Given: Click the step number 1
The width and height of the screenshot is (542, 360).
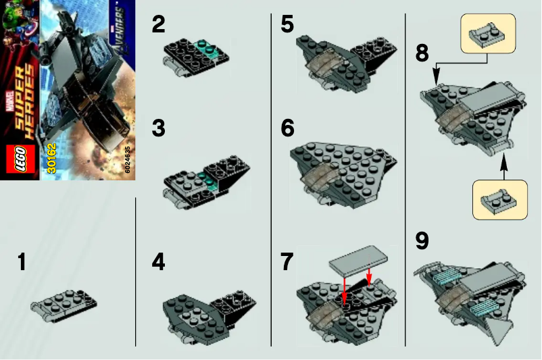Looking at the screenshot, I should [22, 262].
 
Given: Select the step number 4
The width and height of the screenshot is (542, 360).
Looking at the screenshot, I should [158, 262].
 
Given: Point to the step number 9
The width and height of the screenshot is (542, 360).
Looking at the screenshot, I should [422, 241].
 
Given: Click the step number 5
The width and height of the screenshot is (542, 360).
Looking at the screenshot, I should [287, 26].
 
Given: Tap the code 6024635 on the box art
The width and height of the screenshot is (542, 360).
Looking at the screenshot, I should [128, 159].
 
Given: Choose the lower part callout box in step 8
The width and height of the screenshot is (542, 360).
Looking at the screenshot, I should [499, 199].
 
